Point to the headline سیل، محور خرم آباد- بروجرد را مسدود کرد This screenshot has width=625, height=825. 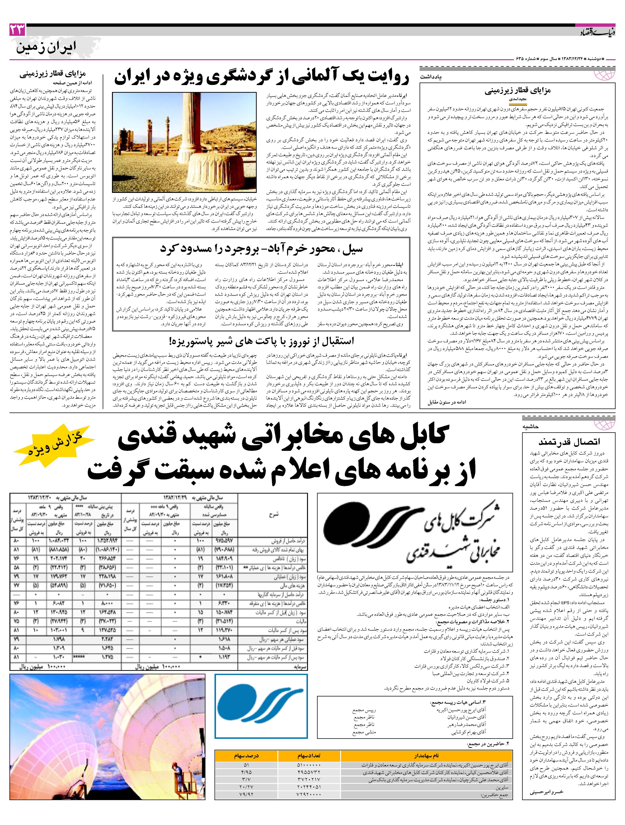[x=261, y=248]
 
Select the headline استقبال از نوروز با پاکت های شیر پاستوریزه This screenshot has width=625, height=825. [x=261, y=341]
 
